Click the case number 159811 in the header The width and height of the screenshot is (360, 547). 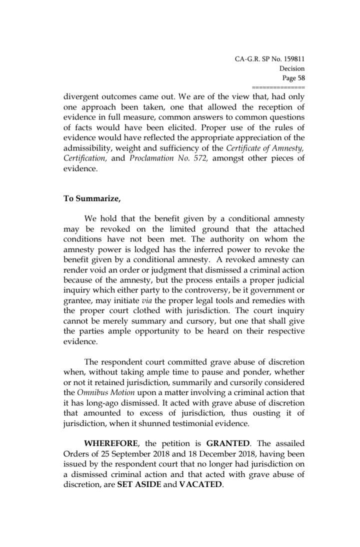pos(291,59)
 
